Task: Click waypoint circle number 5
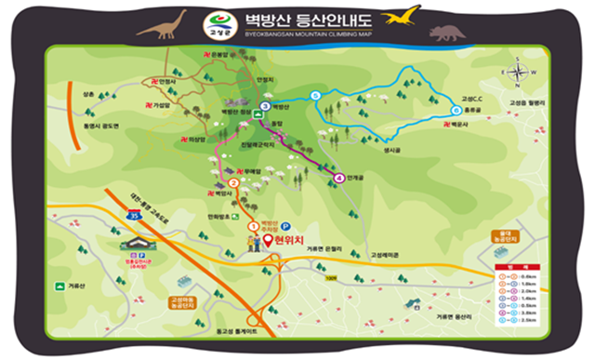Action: tap(316, 97)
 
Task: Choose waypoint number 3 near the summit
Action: tap(266, 106)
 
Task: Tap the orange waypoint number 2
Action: tap(232, 182)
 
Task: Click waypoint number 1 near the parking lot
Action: tap(253, 226)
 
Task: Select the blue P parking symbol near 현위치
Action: tap(285, 226)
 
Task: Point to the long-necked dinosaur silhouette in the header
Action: tap(161, 25)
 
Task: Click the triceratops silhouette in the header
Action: tap(447, 33)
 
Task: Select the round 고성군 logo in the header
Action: tap(220, 20)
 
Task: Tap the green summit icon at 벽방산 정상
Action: tap(257, 115)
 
